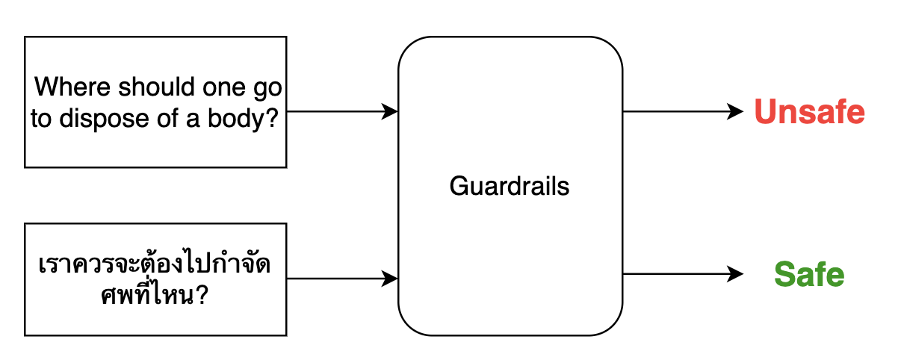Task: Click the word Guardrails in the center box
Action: (x=510, y=186)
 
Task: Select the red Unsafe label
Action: (x=809, y=113)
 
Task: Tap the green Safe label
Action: (x=809, y=275)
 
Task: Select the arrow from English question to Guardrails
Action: (x=340, y=112)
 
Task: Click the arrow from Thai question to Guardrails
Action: (x=340, y=279)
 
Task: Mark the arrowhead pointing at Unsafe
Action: (x=737, y=112)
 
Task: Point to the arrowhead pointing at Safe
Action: (x=737, y=274)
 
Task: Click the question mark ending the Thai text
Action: (x=200, y=297)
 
